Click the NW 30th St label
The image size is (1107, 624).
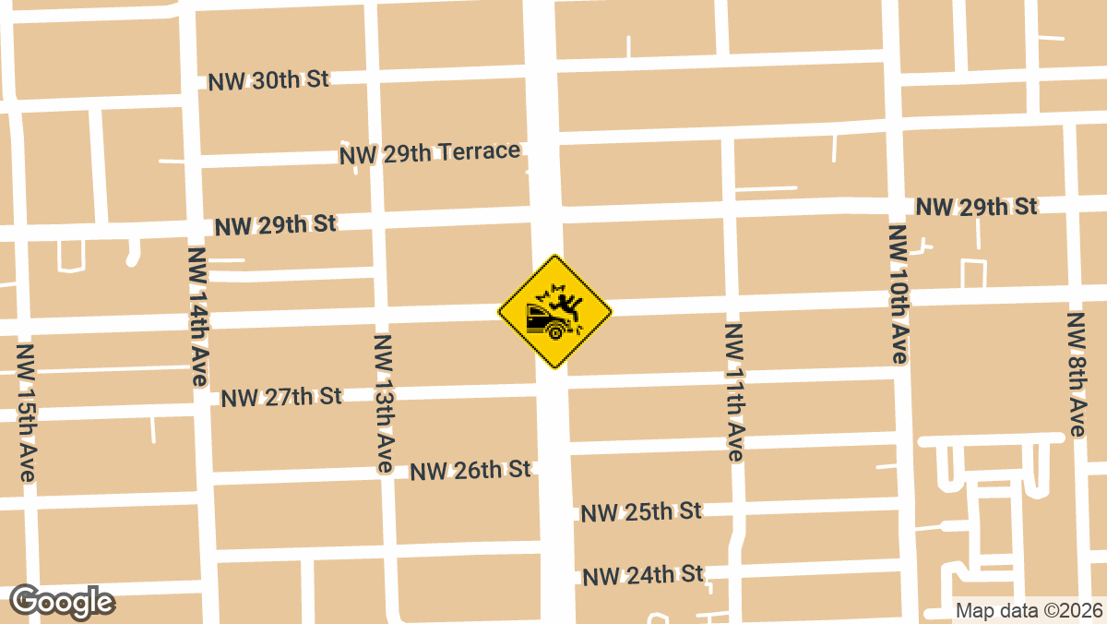pyautogui.click(x=268, y=79)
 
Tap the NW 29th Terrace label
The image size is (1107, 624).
pyautogui.click(x=430, y=152)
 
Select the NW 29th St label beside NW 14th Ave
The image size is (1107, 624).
pyautogui.click(x=275, y=224)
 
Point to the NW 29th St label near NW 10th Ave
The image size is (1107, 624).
pyautogui.click(x=977, y=207)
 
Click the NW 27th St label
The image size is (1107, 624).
pyautogui.click(x=281, y=397)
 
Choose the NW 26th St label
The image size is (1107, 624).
pyautogui.click(x=470, y=470)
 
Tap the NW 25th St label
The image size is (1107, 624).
pyautogui.click(x=642, y=511)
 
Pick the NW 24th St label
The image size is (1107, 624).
pyautogui.click(x=643, y=575)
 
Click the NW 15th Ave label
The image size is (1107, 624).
pyautogui.click(x=27, y=413)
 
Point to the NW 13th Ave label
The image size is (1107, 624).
pyautogui.click(x=385, y=403)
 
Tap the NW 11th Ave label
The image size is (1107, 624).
pyautogui.click(x=734, y=391)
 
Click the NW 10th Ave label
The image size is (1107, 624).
pyautogui.click(x=899, y=293)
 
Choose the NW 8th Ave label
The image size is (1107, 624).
pyautogui.click(x=1077, y=374)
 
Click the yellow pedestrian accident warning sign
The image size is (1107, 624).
pyautogui.click(x=555, y=312)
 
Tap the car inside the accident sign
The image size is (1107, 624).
pyautogui.click(x=544, y=321)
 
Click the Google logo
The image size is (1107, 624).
pyautogui.click(x=63, y=602)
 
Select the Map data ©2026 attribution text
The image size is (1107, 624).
pyautogui.click(x=1027, y=610)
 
